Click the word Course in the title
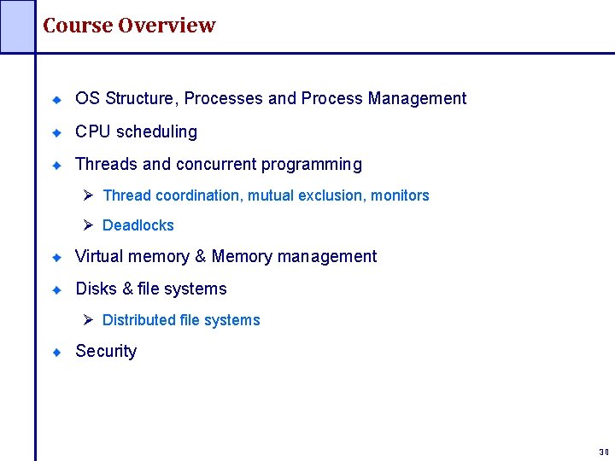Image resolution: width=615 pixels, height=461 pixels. pos(78,26)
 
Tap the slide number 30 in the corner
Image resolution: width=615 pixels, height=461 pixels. pos(604,452)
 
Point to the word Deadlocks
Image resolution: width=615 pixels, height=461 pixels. pos(138,225)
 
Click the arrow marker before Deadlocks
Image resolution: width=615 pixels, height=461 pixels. pos(88,225)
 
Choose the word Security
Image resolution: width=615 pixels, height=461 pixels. pos(106,351)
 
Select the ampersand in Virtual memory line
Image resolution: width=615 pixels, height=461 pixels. pos(201,256)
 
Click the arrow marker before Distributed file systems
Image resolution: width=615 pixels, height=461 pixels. pos(88,320)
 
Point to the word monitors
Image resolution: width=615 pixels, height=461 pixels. pos(401,195)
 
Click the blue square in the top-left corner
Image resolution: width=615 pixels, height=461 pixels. pos(17,26)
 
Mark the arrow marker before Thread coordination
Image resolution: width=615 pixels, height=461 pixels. pos(88,195)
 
